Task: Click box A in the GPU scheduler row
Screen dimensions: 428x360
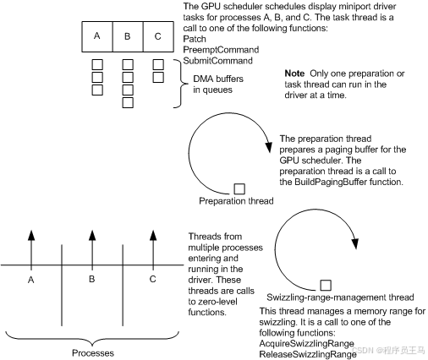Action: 97,36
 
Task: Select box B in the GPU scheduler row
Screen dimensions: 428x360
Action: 128,36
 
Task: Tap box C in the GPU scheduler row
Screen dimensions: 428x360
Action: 158,36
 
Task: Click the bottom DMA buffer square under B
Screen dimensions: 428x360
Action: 128,103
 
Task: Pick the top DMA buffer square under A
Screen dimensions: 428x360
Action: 97,64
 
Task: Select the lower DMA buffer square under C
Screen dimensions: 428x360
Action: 158,77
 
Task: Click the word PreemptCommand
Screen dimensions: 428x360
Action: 221,50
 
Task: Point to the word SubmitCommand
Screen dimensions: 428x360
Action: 217,61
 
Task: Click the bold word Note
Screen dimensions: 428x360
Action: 294,74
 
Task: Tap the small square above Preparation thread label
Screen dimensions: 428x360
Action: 239,188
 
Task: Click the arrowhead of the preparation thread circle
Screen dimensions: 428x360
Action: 269,147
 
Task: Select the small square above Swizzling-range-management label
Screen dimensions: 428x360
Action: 326,286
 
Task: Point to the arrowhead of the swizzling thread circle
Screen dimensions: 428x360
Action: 355,243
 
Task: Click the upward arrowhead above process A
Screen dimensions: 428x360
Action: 31,235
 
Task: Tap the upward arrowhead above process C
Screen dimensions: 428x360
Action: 153,235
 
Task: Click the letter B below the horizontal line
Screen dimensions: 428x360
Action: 91,279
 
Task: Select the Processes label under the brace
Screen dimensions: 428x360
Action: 93,353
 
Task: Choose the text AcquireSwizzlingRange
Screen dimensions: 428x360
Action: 306,344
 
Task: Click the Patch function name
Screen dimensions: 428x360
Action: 195,39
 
